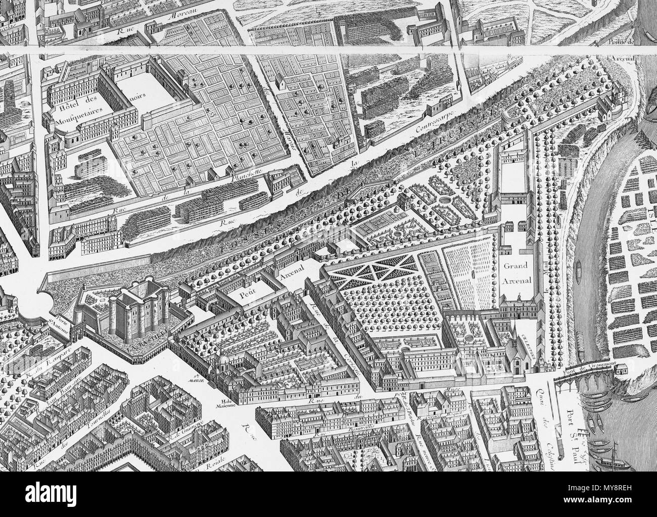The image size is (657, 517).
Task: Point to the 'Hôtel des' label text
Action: click(72, 108)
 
